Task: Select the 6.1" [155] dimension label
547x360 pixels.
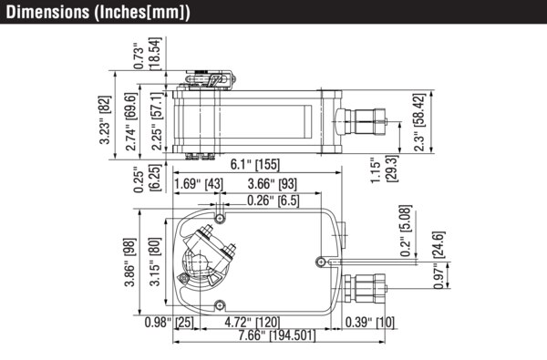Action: [254, 165]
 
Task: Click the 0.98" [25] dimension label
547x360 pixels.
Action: [169, 323]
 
